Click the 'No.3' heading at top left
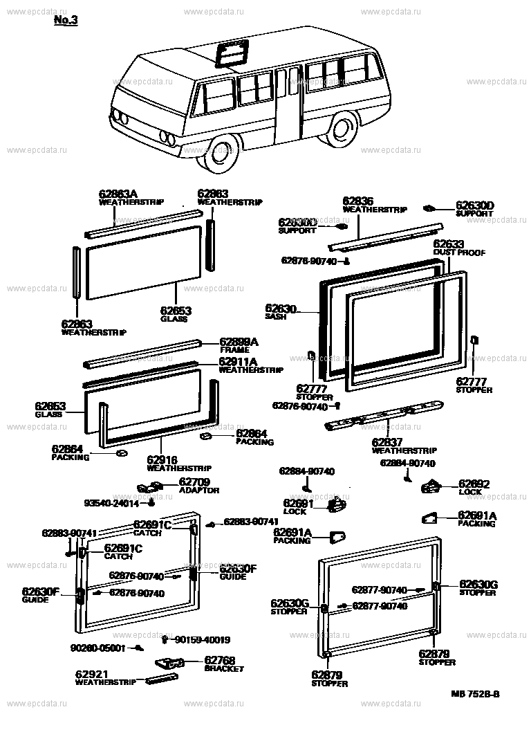pyautogui.click(x=66, y=21)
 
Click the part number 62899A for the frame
pyautogui.click(x=239, y=342)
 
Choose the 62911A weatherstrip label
pyautogui.click(x=239, y=361)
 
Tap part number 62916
pyautogui.click(x=162, y=459)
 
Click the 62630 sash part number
pyautogui.click(x=280, y=308)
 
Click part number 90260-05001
pyautogui.click(x=97, y=648)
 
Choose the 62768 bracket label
pyautogui.click(x=220, y=661)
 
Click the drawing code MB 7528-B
pyautogui.click(x=476, y=693)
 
